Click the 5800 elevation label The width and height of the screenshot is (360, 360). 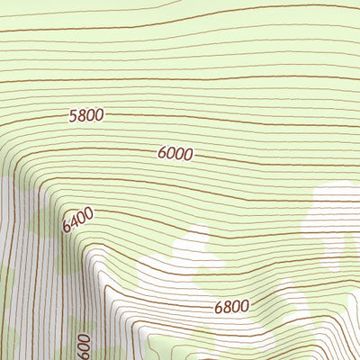[86, 115]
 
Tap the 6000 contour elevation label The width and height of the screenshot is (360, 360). [175, 154]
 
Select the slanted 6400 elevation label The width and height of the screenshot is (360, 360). [77, 220]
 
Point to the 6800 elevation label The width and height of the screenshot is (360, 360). [231, 307]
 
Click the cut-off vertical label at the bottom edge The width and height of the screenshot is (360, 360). [84, 347]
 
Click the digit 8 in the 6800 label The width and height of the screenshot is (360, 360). [226, 307]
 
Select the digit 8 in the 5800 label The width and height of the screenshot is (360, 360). [82, 115]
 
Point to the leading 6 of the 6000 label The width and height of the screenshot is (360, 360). [162, 154]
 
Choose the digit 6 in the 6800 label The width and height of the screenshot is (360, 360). [218, 308]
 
